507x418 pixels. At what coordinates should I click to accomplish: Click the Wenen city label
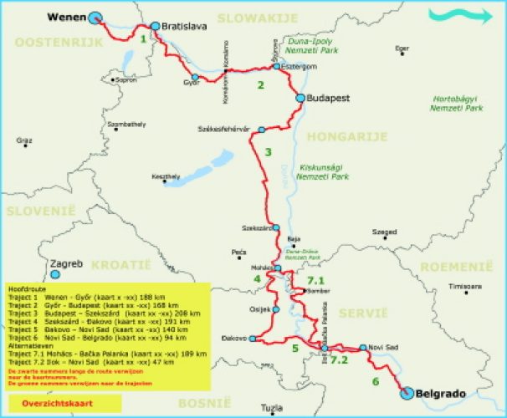point(64,16)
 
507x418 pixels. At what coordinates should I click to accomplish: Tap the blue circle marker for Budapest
point(300,98)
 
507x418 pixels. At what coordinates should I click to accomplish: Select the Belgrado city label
point(441,392)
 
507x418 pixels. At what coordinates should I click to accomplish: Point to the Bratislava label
point(183,27)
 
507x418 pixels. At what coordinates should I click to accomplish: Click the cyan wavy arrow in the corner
point(458,14)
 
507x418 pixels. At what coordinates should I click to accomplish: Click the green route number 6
point(376,381)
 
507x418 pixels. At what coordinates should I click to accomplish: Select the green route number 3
point(268,151)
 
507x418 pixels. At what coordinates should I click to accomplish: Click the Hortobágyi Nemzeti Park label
point(457,104)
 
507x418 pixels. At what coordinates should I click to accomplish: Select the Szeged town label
point(385,232)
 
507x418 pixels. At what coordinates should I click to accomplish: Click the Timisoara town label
point(465,286)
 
